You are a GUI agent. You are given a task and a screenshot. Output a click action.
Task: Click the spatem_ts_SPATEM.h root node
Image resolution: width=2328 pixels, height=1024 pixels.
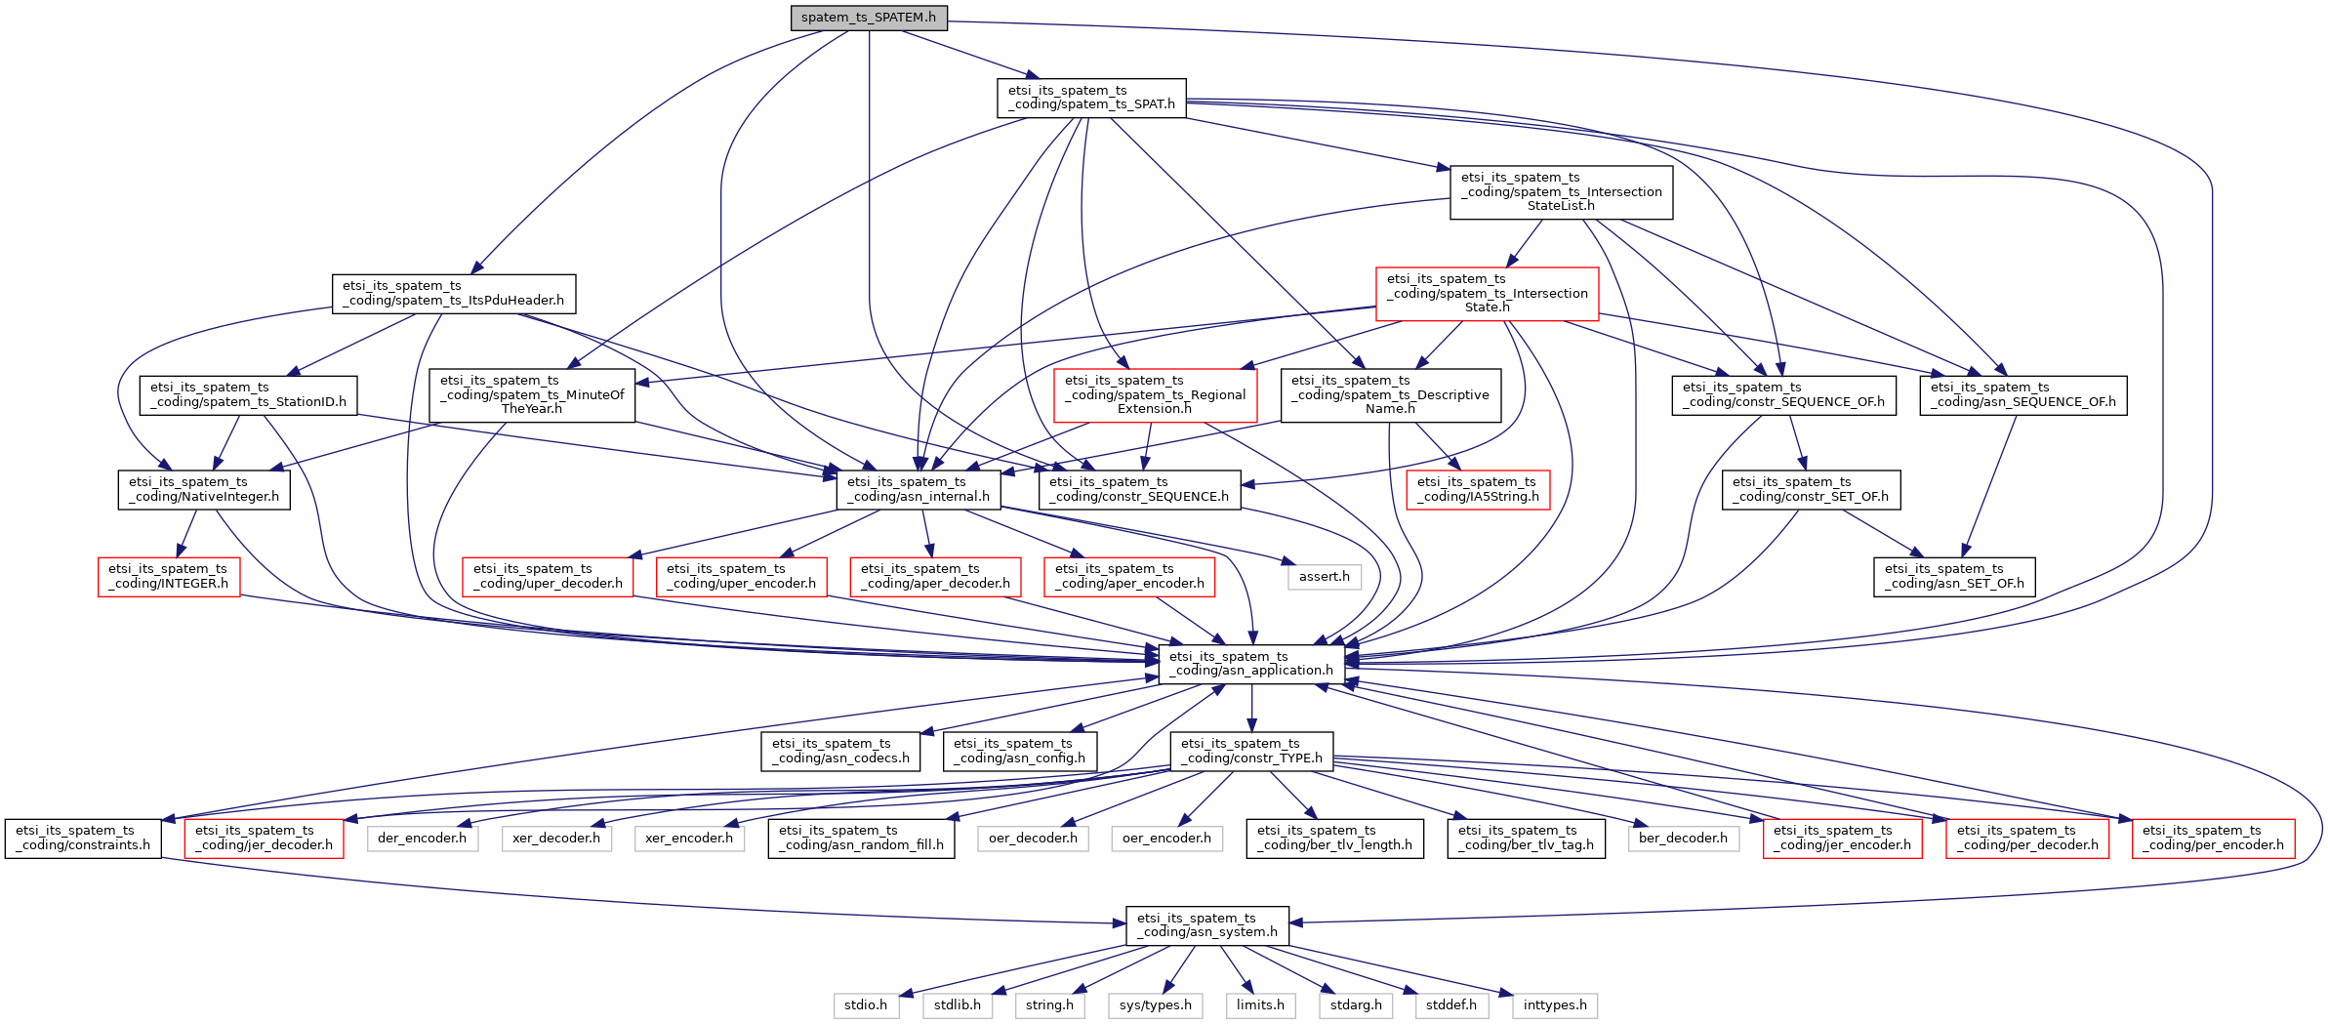[x=868, y=18]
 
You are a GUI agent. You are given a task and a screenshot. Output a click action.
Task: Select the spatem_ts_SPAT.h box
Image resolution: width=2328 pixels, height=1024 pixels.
[x=1091, y=98]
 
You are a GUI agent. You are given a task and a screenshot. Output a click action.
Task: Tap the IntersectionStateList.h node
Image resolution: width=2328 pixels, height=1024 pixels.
[x=1561, y=192]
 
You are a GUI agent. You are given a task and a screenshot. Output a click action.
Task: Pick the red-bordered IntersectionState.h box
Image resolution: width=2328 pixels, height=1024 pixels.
[x=1487, y=294]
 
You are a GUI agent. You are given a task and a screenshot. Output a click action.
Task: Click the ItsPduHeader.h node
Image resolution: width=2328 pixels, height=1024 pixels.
[x=453, y=294]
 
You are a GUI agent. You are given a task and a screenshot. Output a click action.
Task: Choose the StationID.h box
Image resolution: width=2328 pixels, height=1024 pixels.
[x=248, y=395]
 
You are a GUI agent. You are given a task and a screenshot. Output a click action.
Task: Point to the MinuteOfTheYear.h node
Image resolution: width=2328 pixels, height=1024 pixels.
[x=532, y=395]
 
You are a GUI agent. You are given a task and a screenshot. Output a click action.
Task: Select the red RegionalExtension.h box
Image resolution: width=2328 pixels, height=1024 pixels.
[x=1155, y=395]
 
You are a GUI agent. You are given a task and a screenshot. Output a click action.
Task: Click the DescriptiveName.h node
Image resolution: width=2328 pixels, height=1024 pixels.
[x=1390, y=395]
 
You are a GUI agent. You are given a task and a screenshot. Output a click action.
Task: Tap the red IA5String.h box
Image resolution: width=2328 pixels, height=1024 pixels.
[x=1478, y=490]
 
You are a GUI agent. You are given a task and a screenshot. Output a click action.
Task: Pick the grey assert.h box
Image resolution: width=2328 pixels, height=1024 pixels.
[x=1324, y=577]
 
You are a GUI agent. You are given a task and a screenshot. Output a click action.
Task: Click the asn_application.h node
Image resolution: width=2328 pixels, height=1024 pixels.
[x=1250, y=664]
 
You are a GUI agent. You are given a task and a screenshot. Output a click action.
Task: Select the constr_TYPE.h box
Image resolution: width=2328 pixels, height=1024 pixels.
[x=1251, y=752]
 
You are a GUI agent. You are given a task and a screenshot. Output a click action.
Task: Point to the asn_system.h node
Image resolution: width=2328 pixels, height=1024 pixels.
[x=1206, y=925]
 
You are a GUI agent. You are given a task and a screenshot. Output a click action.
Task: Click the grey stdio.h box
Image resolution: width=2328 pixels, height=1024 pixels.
[x=866, y=1005]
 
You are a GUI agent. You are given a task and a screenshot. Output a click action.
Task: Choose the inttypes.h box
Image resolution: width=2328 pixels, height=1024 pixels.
[x=1555, y=1005]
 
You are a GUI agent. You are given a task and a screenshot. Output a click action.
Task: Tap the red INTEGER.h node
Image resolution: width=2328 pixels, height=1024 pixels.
[x=168, y=577]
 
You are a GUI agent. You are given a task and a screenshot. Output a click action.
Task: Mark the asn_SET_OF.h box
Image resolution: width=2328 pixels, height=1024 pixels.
[x=1954, y=577]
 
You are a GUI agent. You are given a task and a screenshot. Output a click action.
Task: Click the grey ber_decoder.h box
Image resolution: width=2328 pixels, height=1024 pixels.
[x=1683, y=839]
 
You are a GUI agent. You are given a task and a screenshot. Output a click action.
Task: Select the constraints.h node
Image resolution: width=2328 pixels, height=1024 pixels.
[x=83, y=839]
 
